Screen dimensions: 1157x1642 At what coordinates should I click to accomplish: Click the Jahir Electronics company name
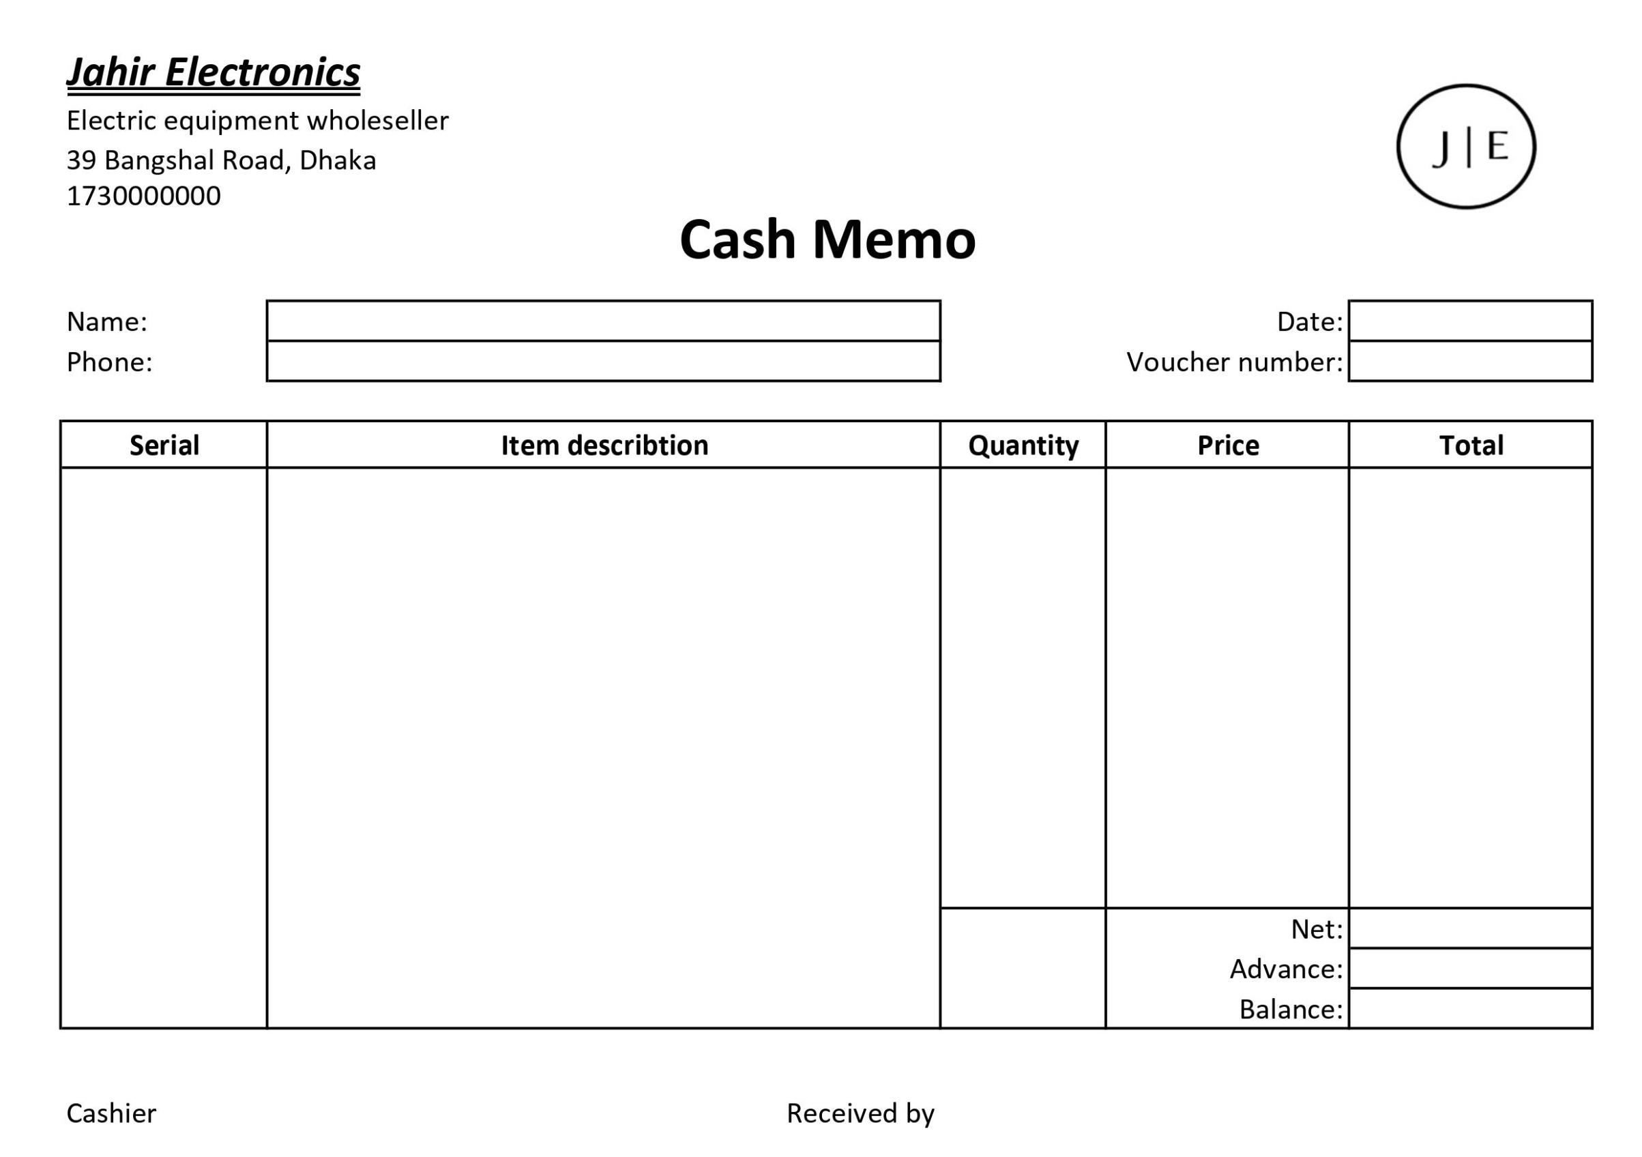213,72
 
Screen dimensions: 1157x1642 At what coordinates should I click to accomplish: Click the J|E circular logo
1466,147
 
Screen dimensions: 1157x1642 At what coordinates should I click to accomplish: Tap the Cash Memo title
827,239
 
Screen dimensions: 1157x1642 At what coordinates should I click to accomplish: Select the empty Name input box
603,321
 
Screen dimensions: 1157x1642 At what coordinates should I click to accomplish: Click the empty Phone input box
603,361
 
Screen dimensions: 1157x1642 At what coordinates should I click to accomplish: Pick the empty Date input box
1470,321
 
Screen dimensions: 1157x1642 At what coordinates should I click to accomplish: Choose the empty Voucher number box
1470,361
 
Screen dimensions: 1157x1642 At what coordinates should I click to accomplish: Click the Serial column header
164,445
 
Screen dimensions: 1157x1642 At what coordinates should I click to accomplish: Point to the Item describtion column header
604,445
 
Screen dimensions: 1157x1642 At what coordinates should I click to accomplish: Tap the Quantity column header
1023,445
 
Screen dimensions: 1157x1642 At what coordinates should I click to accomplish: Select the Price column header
1228,445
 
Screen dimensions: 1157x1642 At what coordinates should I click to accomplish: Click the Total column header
1471,445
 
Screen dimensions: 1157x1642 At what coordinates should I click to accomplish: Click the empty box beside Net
1470,928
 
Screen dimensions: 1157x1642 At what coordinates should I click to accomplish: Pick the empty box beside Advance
1470,968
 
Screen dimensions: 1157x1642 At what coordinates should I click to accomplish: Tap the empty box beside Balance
1470,1008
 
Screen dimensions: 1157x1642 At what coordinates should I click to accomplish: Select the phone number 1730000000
144,196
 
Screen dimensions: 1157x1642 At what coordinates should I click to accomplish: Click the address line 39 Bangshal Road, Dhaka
221,160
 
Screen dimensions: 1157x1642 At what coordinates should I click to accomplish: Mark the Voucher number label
1234,362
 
